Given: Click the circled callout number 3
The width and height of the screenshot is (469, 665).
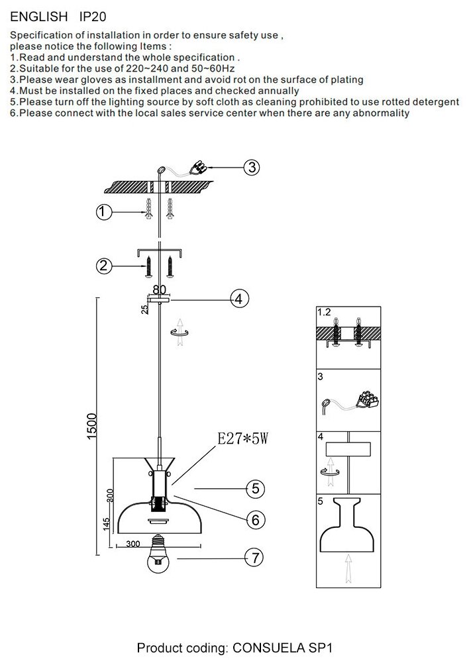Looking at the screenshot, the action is pyautogui.click(x=252, y=167).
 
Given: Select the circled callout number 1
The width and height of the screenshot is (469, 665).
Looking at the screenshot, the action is pyautogui.click(x=103, y=212).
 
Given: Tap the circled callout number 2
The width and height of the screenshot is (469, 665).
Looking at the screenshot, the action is pyautogui.click(x=103, y=266).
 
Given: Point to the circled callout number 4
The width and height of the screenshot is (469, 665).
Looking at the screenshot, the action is pyautogui.click(x=239, y=299).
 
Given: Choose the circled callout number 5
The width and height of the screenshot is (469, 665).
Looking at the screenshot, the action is pyautogui.click(x=255, y=489).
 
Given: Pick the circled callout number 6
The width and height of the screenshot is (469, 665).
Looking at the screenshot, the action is pyautogui.click(x=255, y=520).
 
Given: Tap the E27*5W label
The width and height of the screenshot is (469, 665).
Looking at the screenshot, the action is pyautogui.click(x=242, y=438).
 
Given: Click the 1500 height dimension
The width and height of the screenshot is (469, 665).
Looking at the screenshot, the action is pyautogui.click(x=92, y=427).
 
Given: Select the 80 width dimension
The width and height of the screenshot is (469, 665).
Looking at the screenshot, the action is pyautogui.click(x=160, y=289).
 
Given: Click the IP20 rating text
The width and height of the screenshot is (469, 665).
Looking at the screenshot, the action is pyautogui.click(x=93, y=17).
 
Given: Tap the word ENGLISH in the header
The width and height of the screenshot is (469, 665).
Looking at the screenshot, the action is pyautogui.click(x=38, y=17).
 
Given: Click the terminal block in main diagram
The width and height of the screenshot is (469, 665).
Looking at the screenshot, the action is pyautogui.click(x=199, y=167).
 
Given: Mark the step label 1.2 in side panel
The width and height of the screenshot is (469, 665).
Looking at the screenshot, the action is pyautogui.click(x=324, y=312).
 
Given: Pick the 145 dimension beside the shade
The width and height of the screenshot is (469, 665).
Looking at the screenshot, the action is pyautogui.click(x=107, y=524).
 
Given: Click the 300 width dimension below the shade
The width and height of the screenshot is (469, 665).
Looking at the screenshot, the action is pyautogui.click(x=132, y=544).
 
